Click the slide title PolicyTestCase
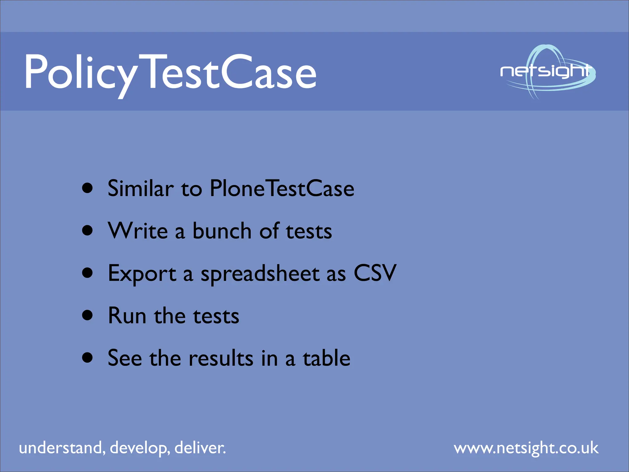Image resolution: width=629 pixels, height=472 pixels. point(170,73)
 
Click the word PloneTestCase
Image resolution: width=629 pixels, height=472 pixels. point(282,188)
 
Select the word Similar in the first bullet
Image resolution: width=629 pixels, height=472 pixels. point(141,188)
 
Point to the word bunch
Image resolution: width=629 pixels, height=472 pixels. point(222,231)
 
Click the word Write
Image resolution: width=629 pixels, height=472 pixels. point(138,231)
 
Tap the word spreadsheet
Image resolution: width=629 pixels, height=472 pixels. point(260,273)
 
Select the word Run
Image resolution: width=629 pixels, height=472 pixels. point(127,316)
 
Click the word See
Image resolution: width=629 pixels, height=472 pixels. point(125,358)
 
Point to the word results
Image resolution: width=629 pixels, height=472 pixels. point(221,358)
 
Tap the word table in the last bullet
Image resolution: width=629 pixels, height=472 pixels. point(326,358)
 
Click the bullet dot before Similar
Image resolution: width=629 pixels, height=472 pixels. point(88,188)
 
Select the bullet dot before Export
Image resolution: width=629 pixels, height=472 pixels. point(88,273)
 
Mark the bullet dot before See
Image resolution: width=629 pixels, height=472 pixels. point(88,358)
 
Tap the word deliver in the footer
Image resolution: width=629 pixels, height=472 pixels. point(200,448)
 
